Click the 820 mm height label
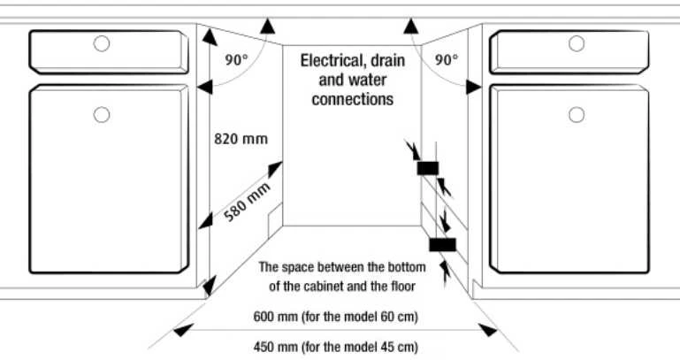click(x=241, y=139)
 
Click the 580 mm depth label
click(x=248, y=203)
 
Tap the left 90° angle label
click(x=236, y=60)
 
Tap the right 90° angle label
click(x=447, y=60)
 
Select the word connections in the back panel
click(x=353, y=99)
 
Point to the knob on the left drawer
click(x=102, y=43)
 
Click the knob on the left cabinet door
click(x=102, y=115)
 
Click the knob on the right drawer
click(x=577, y=43)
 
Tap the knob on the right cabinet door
click(x=577, y=115)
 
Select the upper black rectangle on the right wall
click(x=428, y=168)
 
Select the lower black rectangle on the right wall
click(x=443, y=245)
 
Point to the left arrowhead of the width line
click(x=183, y=330)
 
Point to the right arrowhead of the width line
click(x=488, y=330)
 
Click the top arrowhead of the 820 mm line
click(x=210, y=37)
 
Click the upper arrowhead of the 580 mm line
click(x=275, y=168)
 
